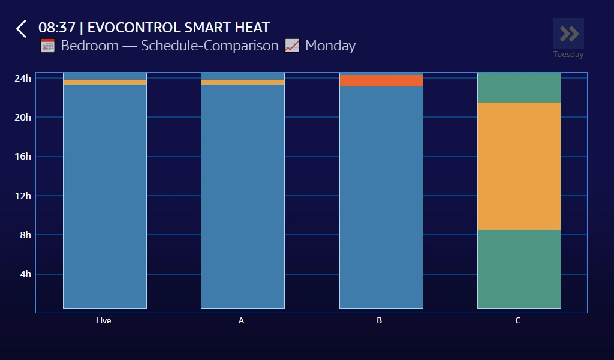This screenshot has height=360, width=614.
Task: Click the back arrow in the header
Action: tap(22, 29)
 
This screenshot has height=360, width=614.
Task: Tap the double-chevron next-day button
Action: tap(568, 34)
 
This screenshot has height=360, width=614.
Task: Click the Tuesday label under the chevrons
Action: tap(568, 55)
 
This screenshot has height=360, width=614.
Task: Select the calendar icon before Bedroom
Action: tap(47, 46)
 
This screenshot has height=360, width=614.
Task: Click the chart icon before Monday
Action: tap(292, 46)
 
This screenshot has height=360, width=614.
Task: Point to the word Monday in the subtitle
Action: tap(330, 46)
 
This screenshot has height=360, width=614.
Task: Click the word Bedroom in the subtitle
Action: tap(89, 46)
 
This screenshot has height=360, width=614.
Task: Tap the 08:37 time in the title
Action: tap(56, 28)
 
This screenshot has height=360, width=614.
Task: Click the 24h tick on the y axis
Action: tap(23, 78)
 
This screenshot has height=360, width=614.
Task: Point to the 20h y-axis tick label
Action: tap(23, 117)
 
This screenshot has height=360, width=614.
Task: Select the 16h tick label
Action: tap(23, 157)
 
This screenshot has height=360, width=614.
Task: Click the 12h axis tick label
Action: tap(23, 196)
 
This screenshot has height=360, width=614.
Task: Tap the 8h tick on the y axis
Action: tap(25, 235)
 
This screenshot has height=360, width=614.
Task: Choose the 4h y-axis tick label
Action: tap(25, 274)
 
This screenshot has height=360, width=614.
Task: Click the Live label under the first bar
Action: tap(104, 321)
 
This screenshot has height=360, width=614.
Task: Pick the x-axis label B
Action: tap(380, 321)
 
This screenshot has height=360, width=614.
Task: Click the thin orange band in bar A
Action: tap(243, 82)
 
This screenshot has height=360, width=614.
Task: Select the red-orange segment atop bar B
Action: tap(381, 80)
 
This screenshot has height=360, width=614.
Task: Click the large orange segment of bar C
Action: tap(519, 166)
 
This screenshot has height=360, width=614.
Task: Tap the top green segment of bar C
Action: tap(519, 88)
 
